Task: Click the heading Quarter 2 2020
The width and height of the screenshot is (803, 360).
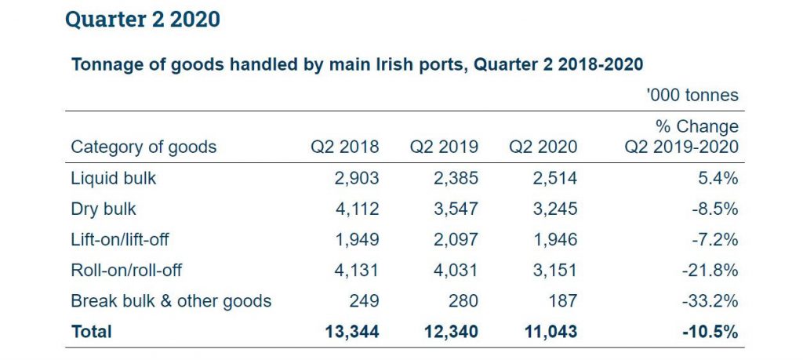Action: (143, 20)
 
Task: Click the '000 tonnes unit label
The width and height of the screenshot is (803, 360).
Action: (692, 95)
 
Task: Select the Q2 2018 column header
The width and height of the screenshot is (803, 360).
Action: (345, 147)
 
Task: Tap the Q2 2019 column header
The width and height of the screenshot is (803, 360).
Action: (444, 147)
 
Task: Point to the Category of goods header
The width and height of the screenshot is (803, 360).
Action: (144, 147)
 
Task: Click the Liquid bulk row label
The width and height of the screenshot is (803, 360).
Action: (114, 178)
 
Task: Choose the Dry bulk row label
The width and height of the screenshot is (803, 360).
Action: (104, 209)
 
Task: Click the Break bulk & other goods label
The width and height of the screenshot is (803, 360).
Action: (171, 300)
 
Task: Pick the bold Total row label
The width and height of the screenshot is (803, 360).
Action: (92, 332)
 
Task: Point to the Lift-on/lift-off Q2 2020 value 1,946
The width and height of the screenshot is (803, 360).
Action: (556, 239)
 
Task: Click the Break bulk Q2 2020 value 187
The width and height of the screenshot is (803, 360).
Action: (562, 300)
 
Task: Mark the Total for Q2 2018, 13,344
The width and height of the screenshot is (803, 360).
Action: (352, 332)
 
